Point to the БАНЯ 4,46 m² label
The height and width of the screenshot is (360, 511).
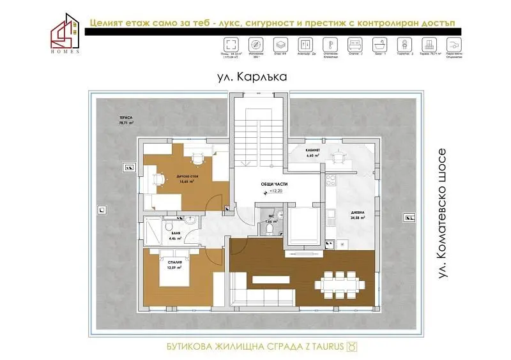[176, 236]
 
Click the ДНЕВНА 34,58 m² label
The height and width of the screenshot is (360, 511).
[357, 216]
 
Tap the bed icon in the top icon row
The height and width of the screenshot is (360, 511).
[354, 45]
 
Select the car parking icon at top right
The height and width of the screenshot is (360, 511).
[453, 45]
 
